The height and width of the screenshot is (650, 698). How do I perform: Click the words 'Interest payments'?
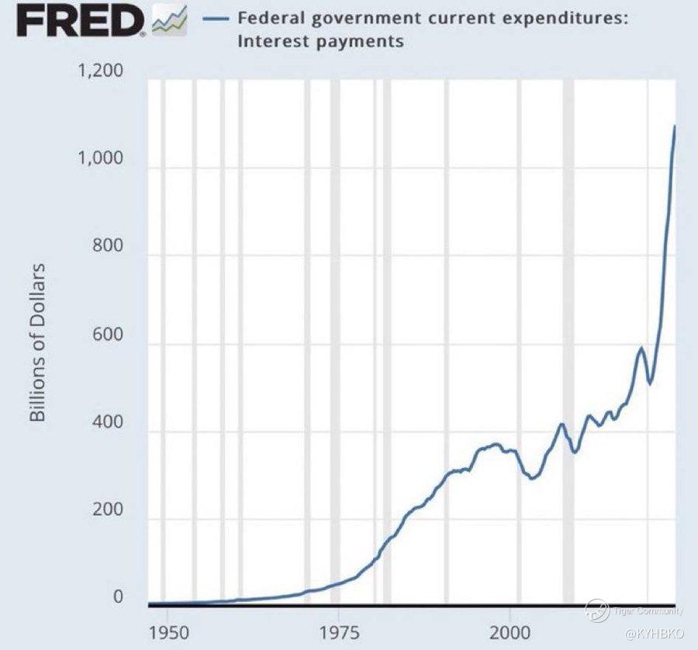320,41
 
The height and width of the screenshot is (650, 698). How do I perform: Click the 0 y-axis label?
119,597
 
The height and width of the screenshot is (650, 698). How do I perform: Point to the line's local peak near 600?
641,349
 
